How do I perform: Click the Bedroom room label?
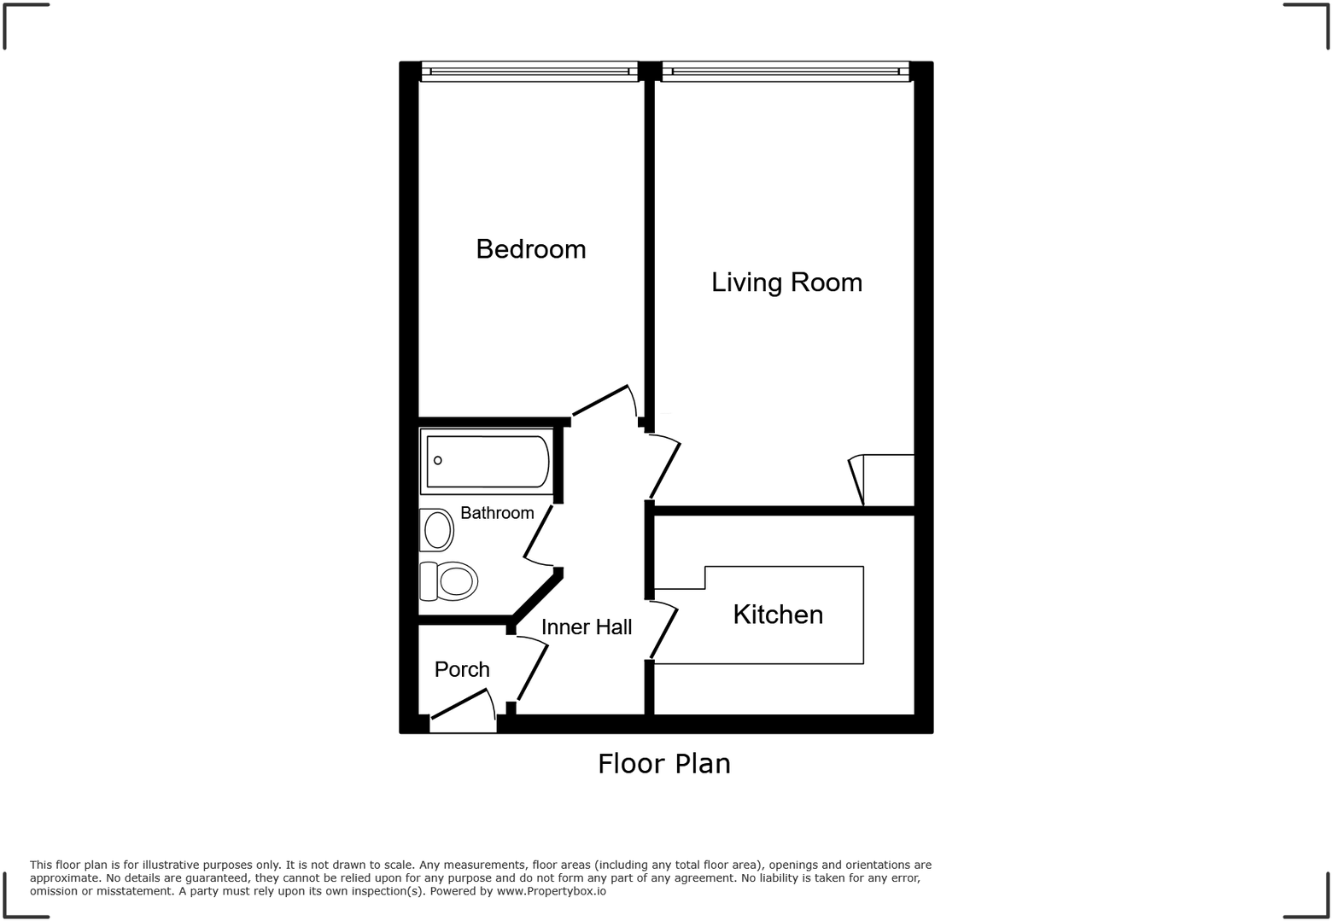click(530, 249)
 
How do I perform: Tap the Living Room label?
click(786, 283)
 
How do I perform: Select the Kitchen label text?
click(778, 615)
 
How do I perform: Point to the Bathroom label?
click(497, 513)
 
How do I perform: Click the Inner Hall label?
click(587, 627)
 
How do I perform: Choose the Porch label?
click(462, 670)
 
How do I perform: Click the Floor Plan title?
click(663, 763)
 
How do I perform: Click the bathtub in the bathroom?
click(488, 462)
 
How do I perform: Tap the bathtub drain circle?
click(438, 461)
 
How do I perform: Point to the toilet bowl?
click(456, 582)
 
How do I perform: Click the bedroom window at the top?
click(529, 72)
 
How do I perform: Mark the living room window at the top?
click(786, 72)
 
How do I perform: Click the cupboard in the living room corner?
click(886, 480)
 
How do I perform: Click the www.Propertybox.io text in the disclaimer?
click(551, 891)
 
